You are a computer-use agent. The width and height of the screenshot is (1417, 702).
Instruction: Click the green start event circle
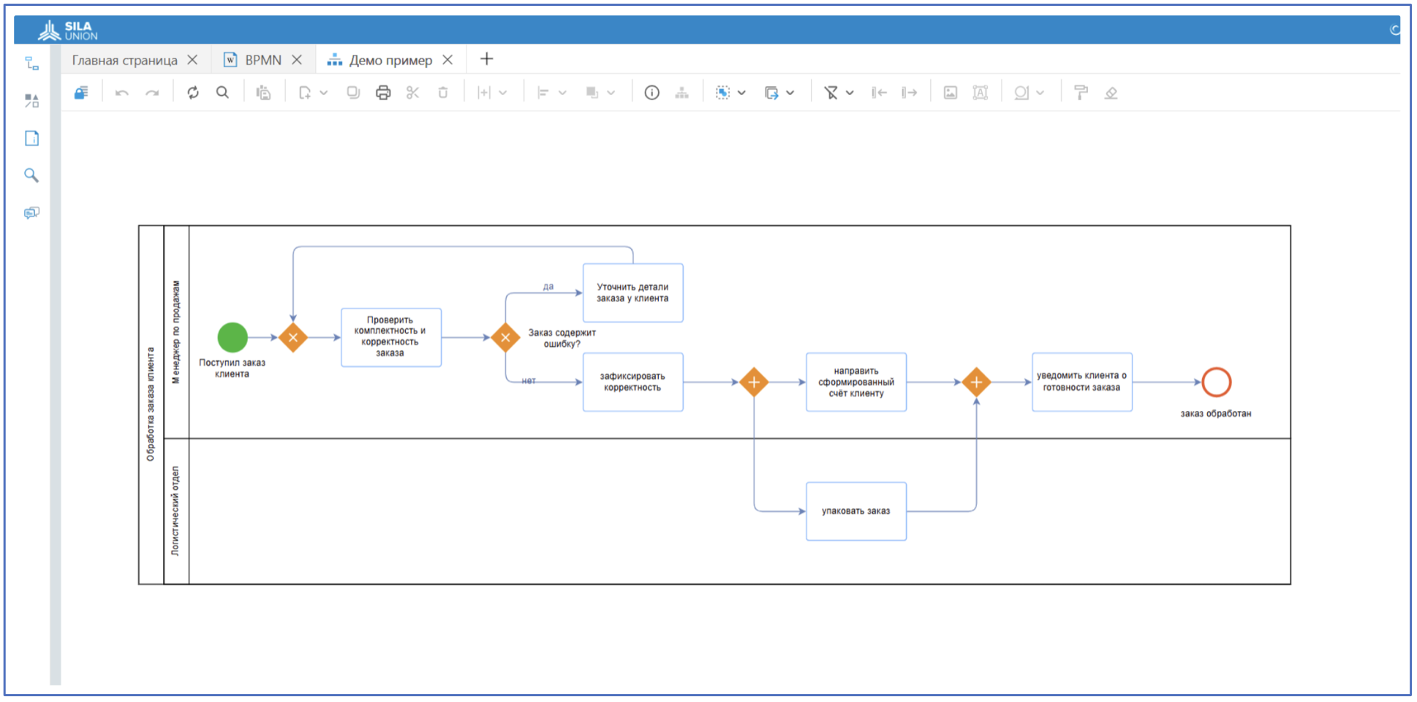click(x=233, y=337)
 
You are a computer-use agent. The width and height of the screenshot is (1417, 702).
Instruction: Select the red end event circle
click(x=1216, y=382)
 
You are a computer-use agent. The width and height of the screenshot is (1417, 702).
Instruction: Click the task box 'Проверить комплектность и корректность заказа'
click(x=390, y=337)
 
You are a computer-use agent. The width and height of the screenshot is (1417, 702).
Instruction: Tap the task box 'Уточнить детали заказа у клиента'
click(x=632, y=292)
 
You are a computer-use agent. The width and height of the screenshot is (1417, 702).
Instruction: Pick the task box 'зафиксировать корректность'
click(x=632, y=382)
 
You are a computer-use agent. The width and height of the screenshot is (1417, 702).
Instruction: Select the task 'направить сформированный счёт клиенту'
click(x=855, y=382)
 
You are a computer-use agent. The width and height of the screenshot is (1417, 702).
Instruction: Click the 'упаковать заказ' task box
click(x=855, y=511)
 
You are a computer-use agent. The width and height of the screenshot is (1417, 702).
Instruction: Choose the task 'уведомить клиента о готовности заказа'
click(x=1081, y=382)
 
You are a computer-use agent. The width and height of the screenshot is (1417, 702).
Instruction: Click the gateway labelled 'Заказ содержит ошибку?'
click(x=505, y=337)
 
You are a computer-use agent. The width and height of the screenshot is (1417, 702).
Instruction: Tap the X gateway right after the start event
click(x=292, y=337)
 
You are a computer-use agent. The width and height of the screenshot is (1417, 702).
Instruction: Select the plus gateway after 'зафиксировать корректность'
click(x=754, y=382)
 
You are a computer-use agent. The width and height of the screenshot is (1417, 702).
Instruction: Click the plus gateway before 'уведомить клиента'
click(x=976, y=382)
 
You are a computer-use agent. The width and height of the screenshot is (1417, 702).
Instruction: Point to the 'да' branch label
click(x=548, y=287)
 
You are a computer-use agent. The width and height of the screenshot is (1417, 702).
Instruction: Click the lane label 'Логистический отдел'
click(x=175, y=511)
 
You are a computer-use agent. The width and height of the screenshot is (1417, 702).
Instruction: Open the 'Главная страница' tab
click(x=124, y=60)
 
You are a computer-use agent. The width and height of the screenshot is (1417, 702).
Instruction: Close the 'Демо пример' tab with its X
click(x=447, y=60)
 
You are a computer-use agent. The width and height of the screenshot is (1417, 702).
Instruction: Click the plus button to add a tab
click(x=486, y=59)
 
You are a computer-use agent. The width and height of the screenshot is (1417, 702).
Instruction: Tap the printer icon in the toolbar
click(x=383, y=93)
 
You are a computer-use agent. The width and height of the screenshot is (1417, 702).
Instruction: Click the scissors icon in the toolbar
click(x=413, y=93)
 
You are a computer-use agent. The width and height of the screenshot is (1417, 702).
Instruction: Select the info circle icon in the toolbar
click(x=651, y=93)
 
